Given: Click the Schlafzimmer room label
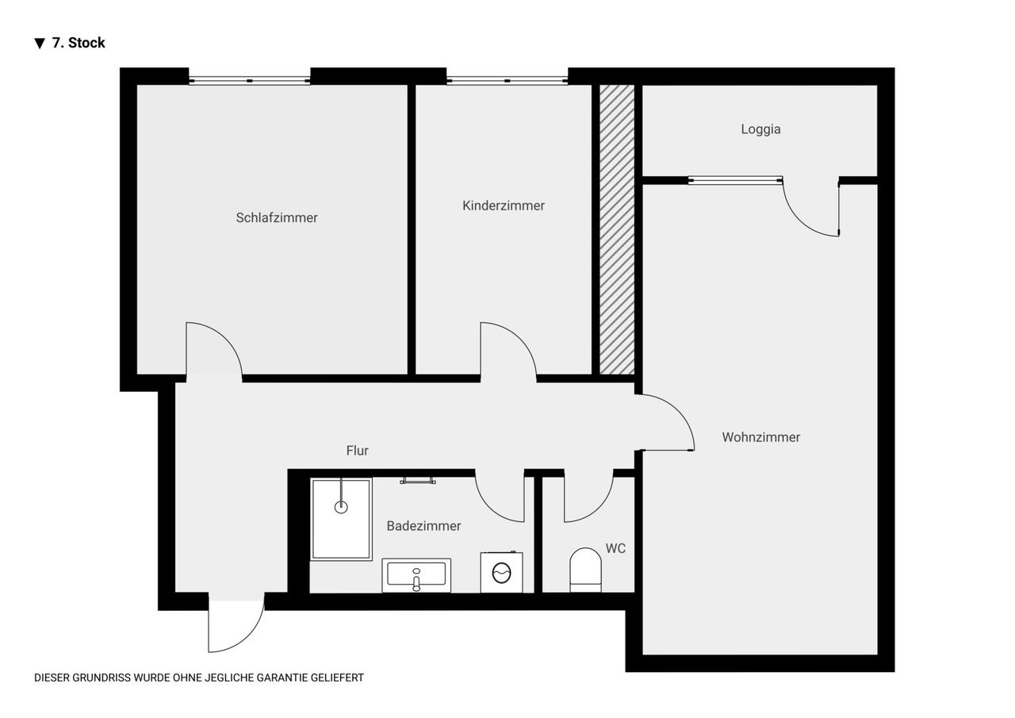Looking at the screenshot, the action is [277, 217].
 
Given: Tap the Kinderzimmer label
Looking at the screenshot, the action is [504, 205].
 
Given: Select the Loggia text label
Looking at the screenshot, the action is [760, 129].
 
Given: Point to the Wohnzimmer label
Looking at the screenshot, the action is [760, 437].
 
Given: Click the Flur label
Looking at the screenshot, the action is [357, 450].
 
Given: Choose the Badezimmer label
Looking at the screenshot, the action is [423, 526].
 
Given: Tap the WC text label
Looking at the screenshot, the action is [615, 548].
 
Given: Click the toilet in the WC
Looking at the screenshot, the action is [585, 570].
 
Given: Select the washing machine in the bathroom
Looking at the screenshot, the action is [502, 572].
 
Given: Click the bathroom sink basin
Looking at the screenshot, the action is [416, 574].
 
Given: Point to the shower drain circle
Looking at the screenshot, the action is [341, 507].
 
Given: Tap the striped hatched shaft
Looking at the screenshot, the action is [617, 230].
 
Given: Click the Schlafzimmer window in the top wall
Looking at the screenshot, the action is [250, 81].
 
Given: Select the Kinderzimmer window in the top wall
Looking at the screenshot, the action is [507, 81].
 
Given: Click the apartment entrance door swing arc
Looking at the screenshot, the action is [251, 637].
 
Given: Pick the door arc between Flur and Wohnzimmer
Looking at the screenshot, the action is [677, 412].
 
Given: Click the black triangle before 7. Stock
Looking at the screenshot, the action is [40, 44].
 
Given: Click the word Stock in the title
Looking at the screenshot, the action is [86, 43].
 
